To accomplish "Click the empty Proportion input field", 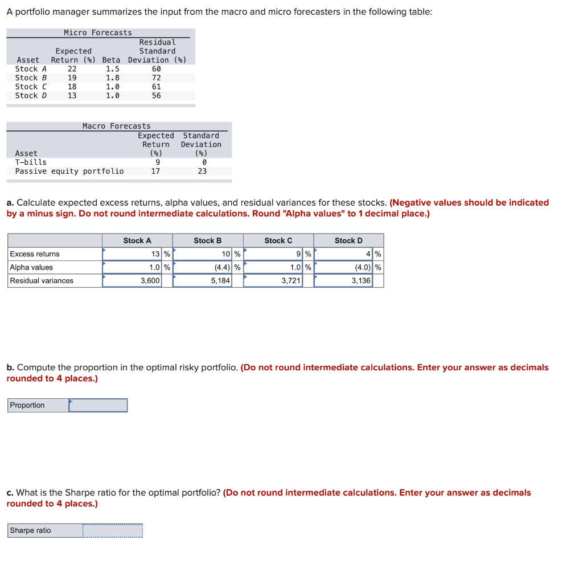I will click(98, 405).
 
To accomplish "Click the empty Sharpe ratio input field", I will click(112, 530).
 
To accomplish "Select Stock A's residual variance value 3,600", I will click(132, 281).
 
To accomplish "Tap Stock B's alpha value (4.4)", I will click(203, 267).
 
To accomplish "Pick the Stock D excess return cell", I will click(343, 254).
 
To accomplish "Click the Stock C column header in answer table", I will click(278, 240).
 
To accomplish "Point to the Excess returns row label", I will click(35, 254).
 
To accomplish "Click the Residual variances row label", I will click(42, 281).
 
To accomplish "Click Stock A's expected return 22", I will click(72, 69).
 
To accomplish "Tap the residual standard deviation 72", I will click(157, 77).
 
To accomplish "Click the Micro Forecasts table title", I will click(98, 33).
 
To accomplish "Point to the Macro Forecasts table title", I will click(117, 126).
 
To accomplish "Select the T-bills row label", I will click(31, 162).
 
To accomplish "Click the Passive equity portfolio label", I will click(69, 171).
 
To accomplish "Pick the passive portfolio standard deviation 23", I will click(202, 171).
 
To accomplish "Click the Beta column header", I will click(112, 60).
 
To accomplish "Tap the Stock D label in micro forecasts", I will click(31, 96).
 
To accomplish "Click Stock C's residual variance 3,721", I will click(273, 281).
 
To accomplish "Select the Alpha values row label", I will click(31, 267).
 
